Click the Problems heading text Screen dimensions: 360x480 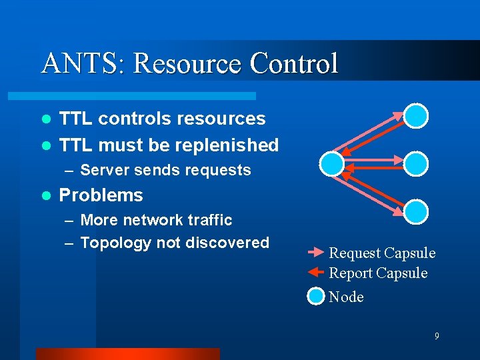pyautogui.click(x=101, y=195)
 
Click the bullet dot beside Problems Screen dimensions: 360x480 pyautogui.click(x=46, y=196)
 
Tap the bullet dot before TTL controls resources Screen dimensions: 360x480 pyautogui.click(x=46, y=119)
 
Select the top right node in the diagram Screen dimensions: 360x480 pyautogui.click(x=416, y=115)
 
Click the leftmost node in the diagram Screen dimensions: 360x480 pyautogui.click(x=332, y=163)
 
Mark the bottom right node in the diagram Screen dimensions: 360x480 pyautogui.click(x=416, y=211)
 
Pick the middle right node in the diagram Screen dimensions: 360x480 pyautogui.click(x=416, y=163)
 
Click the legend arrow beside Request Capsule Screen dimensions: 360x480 pyautogui.click(x=315, y=253)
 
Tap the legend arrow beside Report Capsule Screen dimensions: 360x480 pyautogui.click(x=315, y=273)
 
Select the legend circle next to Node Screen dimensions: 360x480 pyautogui.click(x=315, y=297)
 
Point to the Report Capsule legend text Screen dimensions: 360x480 pyautogui.click(x=378, y=273)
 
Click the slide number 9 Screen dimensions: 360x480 pyautogui.click(x=437, y=337)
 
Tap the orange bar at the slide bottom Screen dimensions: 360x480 pyautogui.click(x=127, y=354)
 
